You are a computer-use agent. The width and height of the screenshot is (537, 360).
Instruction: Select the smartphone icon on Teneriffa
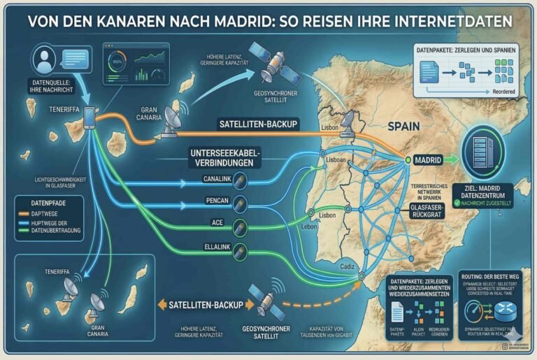point(90,117)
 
